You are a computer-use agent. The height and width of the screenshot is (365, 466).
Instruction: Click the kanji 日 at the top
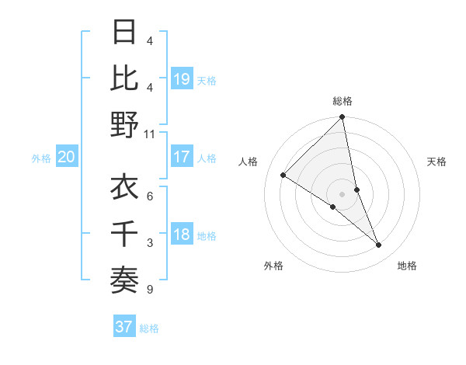(x=124, y=33)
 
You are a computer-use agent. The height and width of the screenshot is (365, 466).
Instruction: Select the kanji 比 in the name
(x=124, y=78)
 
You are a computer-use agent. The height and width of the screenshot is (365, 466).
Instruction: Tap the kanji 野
(x=124, y=124)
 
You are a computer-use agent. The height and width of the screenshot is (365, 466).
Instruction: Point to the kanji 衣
(x=124, y=188)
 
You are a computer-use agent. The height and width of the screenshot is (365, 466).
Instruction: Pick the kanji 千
(x=124, y=234)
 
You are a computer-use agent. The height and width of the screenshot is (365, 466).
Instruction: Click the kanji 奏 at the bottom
(x=124, y=279)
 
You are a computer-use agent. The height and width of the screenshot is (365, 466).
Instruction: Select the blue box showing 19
(x=182, y=78)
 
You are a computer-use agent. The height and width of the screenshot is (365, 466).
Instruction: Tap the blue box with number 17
(x=182, y=157)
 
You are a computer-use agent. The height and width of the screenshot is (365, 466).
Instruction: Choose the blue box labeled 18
(x=182, y=235)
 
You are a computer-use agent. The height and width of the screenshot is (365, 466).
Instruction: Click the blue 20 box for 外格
(x=67, y=157)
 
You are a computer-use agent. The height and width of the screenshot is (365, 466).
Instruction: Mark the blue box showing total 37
(x=123, y=327)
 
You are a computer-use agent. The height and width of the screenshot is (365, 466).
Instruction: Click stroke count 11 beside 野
(x=150, y=134)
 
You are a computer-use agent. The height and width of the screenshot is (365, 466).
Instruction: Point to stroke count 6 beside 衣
(x=150, y=196)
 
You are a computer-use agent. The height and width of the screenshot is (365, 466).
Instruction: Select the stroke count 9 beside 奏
(x=150, y=290)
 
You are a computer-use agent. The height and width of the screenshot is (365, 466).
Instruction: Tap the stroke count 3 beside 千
(x=150, y=243)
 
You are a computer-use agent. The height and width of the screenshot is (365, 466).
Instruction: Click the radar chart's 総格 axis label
(x=343, y=101)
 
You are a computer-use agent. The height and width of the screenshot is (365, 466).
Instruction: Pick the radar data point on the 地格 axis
(x=379, y=245)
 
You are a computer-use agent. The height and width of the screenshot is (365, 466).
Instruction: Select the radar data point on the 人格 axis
(x=283, y=176)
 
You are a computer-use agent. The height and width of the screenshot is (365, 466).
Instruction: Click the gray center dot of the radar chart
(x=342, y=193)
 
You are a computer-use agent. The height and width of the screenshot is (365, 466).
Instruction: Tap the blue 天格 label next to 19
(x=207, y=80)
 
